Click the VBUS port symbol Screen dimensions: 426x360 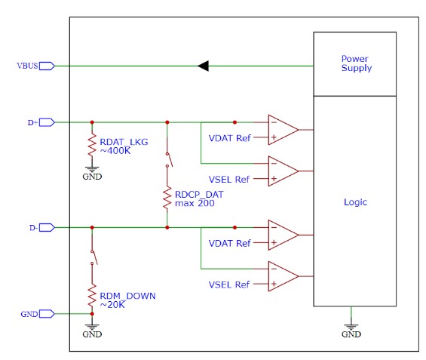(47, 66)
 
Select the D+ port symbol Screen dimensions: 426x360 (47, 122)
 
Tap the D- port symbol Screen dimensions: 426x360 (47, 227)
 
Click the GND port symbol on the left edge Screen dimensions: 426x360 (47, 314)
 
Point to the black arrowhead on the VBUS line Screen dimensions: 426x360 (203, 66)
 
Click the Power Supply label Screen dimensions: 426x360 (357, 63)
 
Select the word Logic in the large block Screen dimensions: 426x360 (355, 202)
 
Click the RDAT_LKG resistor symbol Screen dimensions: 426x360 (92, 145)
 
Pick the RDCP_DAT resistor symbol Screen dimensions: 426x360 (167, 198)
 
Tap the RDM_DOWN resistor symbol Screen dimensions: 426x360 (92, 296)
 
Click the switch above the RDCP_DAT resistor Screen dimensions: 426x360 (168, 159)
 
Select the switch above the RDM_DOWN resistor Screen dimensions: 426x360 (93, 257)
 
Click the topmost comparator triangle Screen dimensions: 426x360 (283, 130)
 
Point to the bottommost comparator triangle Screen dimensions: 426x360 (283, 276)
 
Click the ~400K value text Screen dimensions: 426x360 (115, 151)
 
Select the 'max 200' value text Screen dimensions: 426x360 (195, 203)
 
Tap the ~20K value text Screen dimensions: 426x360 (112, 305)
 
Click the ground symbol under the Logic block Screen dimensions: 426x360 (351, 327)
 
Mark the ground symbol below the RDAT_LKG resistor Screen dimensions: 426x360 (92, 169)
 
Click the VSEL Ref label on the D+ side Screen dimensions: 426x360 (228, 180)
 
